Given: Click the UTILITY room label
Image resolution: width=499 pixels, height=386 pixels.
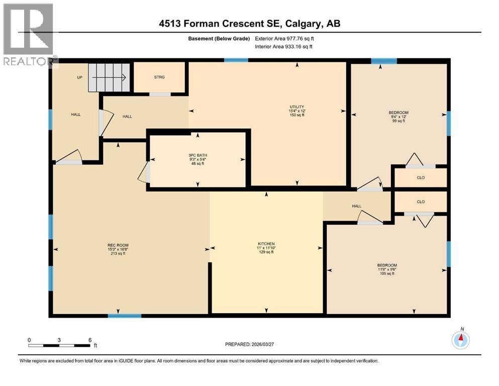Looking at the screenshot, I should tap(296, 107).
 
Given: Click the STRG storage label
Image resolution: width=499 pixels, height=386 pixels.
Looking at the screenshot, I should tap(159, 77).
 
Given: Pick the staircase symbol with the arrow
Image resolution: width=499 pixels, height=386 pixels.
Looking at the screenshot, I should tap(110, 77).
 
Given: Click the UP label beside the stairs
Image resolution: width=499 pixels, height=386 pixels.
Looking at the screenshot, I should tap(79, 77).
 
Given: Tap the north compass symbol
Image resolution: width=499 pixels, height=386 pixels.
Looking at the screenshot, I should tap(460, 340).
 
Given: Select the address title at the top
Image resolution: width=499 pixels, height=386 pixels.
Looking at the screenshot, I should tap(249, 24).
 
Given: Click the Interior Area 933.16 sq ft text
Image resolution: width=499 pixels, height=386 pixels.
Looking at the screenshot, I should tap(284, 46).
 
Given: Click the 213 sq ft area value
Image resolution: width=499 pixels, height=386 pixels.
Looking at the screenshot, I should tap(118, 253).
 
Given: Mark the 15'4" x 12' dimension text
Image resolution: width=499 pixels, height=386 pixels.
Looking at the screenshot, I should tap(296, 111).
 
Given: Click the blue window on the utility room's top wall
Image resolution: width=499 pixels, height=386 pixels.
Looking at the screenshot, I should tap(236, 60).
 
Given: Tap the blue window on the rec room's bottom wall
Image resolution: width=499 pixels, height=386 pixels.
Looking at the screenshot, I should tap(125, 316).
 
